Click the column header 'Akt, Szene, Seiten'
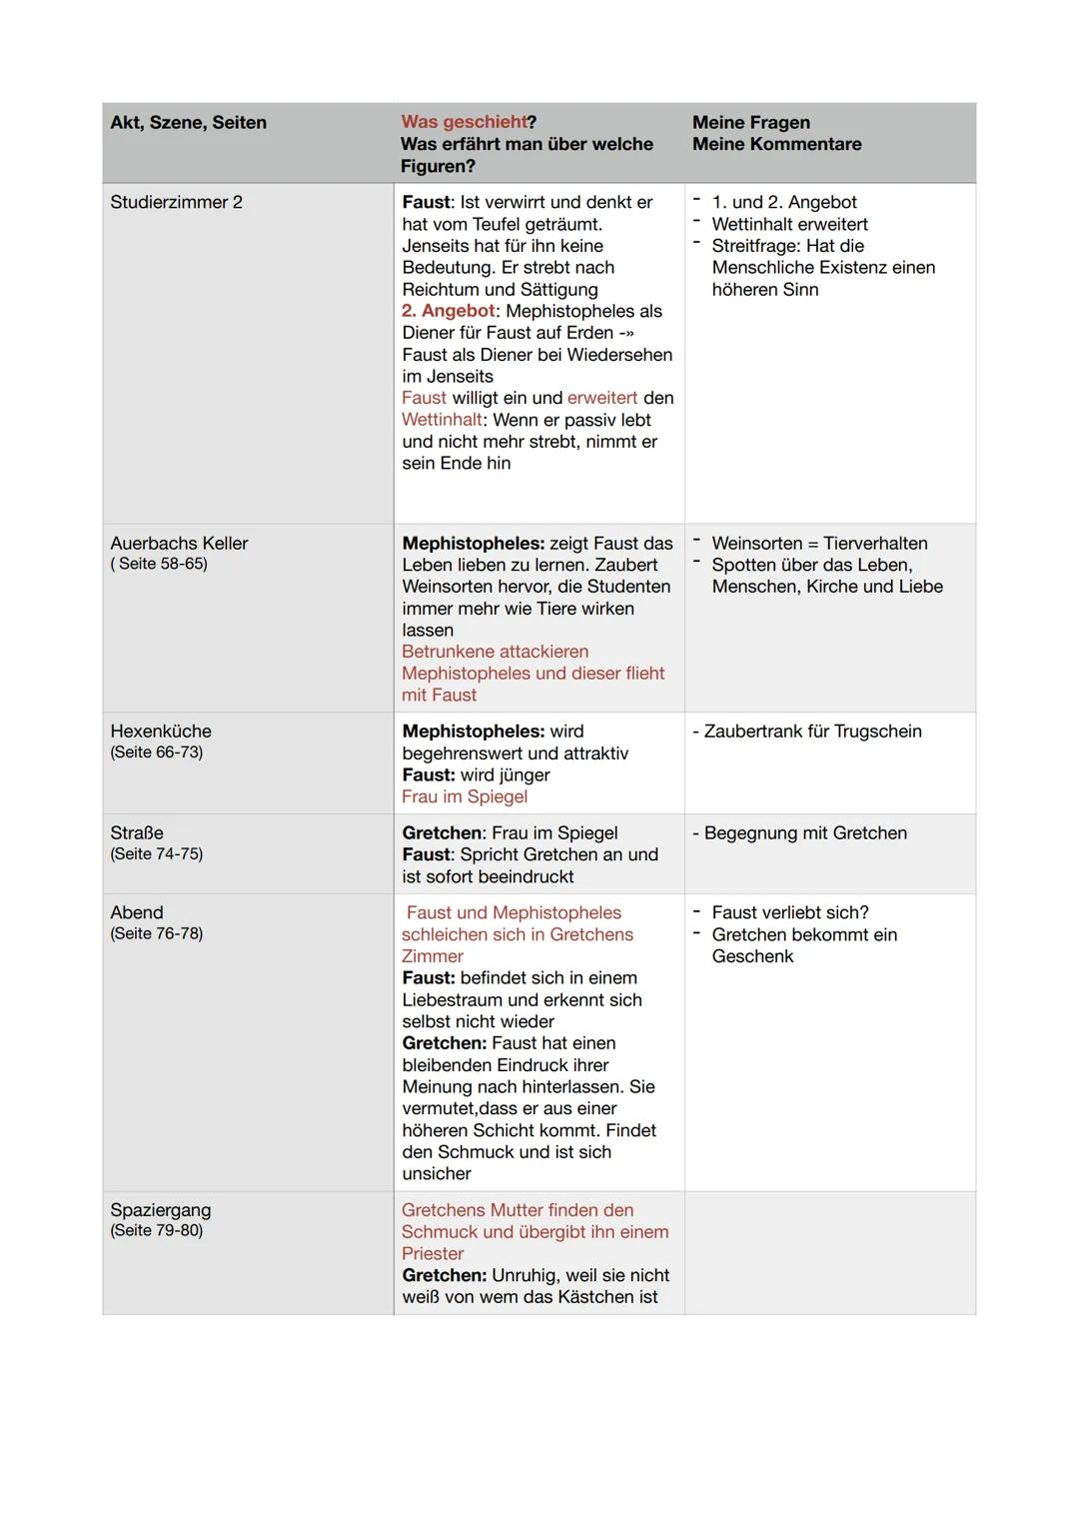tap(188, 123)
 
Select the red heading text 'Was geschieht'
tap(464, 122)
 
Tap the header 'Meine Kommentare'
tap(776, 144)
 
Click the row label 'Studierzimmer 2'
tap(176, 202)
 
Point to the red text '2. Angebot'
tap(448, 311)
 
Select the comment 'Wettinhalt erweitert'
tap(789, 224)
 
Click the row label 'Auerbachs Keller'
tap(179, 544)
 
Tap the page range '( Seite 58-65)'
tap(159, 564)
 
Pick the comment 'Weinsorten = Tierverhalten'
tap(819, 544)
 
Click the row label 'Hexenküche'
tap(161, 732)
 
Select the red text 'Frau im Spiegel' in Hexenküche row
tap(465, 796)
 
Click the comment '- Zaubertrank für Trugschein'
tap(807, 732)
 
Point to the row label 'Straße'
tap(137, 833)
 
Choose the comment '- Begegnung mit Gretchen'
tap(799, 833)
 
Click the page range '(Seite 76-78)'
tap(157, 933)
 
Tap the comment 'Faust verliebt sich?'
tap(789, 912)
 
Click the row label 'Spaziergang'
tap(161, 1210)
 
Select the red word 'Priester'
tap(433, 1253)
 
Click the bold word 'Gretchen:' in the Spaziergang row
tap(444, 1275)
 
